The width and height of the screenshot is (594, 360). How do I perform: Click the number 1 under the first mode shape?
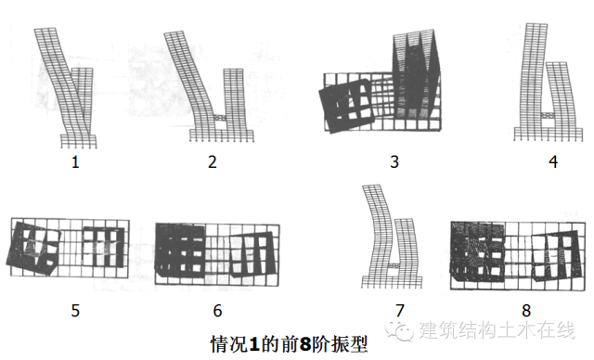coord(75,162)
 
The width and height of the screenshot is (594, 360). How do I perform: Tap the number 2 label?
coord(213,162)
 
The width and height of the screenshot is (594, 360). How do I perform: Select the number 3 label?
coord(394,162)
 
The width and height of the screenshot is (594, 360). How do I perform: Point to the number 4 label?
coord(553,162)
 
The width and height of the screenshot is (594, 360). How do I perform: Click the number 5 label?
coord(75,311)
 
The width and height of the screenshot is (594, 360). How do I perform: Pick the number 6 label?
coord(217,311)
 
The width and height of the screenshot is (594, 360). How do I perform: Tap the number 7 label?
coord(400,311)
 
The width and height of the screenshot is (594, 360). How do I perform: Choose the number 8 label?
coord(526,311)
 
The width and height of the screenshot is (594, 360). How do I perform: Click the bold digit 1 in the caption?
coord(255,344)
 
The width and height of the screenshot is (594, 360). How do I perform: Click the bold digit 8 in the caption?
coord(304,344)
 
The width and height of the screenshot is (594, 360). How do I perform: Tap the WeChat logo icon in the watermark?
coord(399,330)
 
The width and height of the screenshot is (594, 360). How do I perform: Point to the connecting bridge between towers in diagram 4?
coord(546,115)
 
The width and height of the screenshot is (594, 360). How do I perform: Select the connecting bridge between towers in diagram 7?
coord(394,266)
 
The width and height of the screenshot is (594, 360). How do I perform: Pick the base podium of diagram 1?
coord(79,141)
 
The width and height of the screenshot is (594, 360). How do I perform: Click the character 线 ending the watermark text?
coord(565,330)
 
